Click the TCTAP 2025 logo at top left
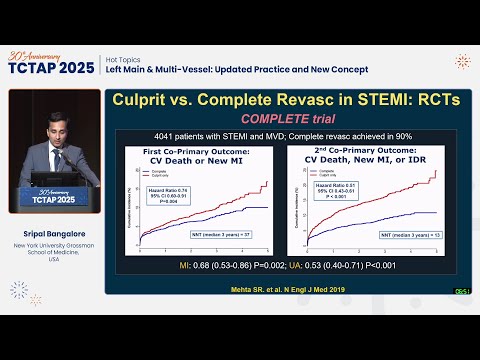point(50,64)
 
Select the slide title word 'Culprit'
point(149,101)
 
